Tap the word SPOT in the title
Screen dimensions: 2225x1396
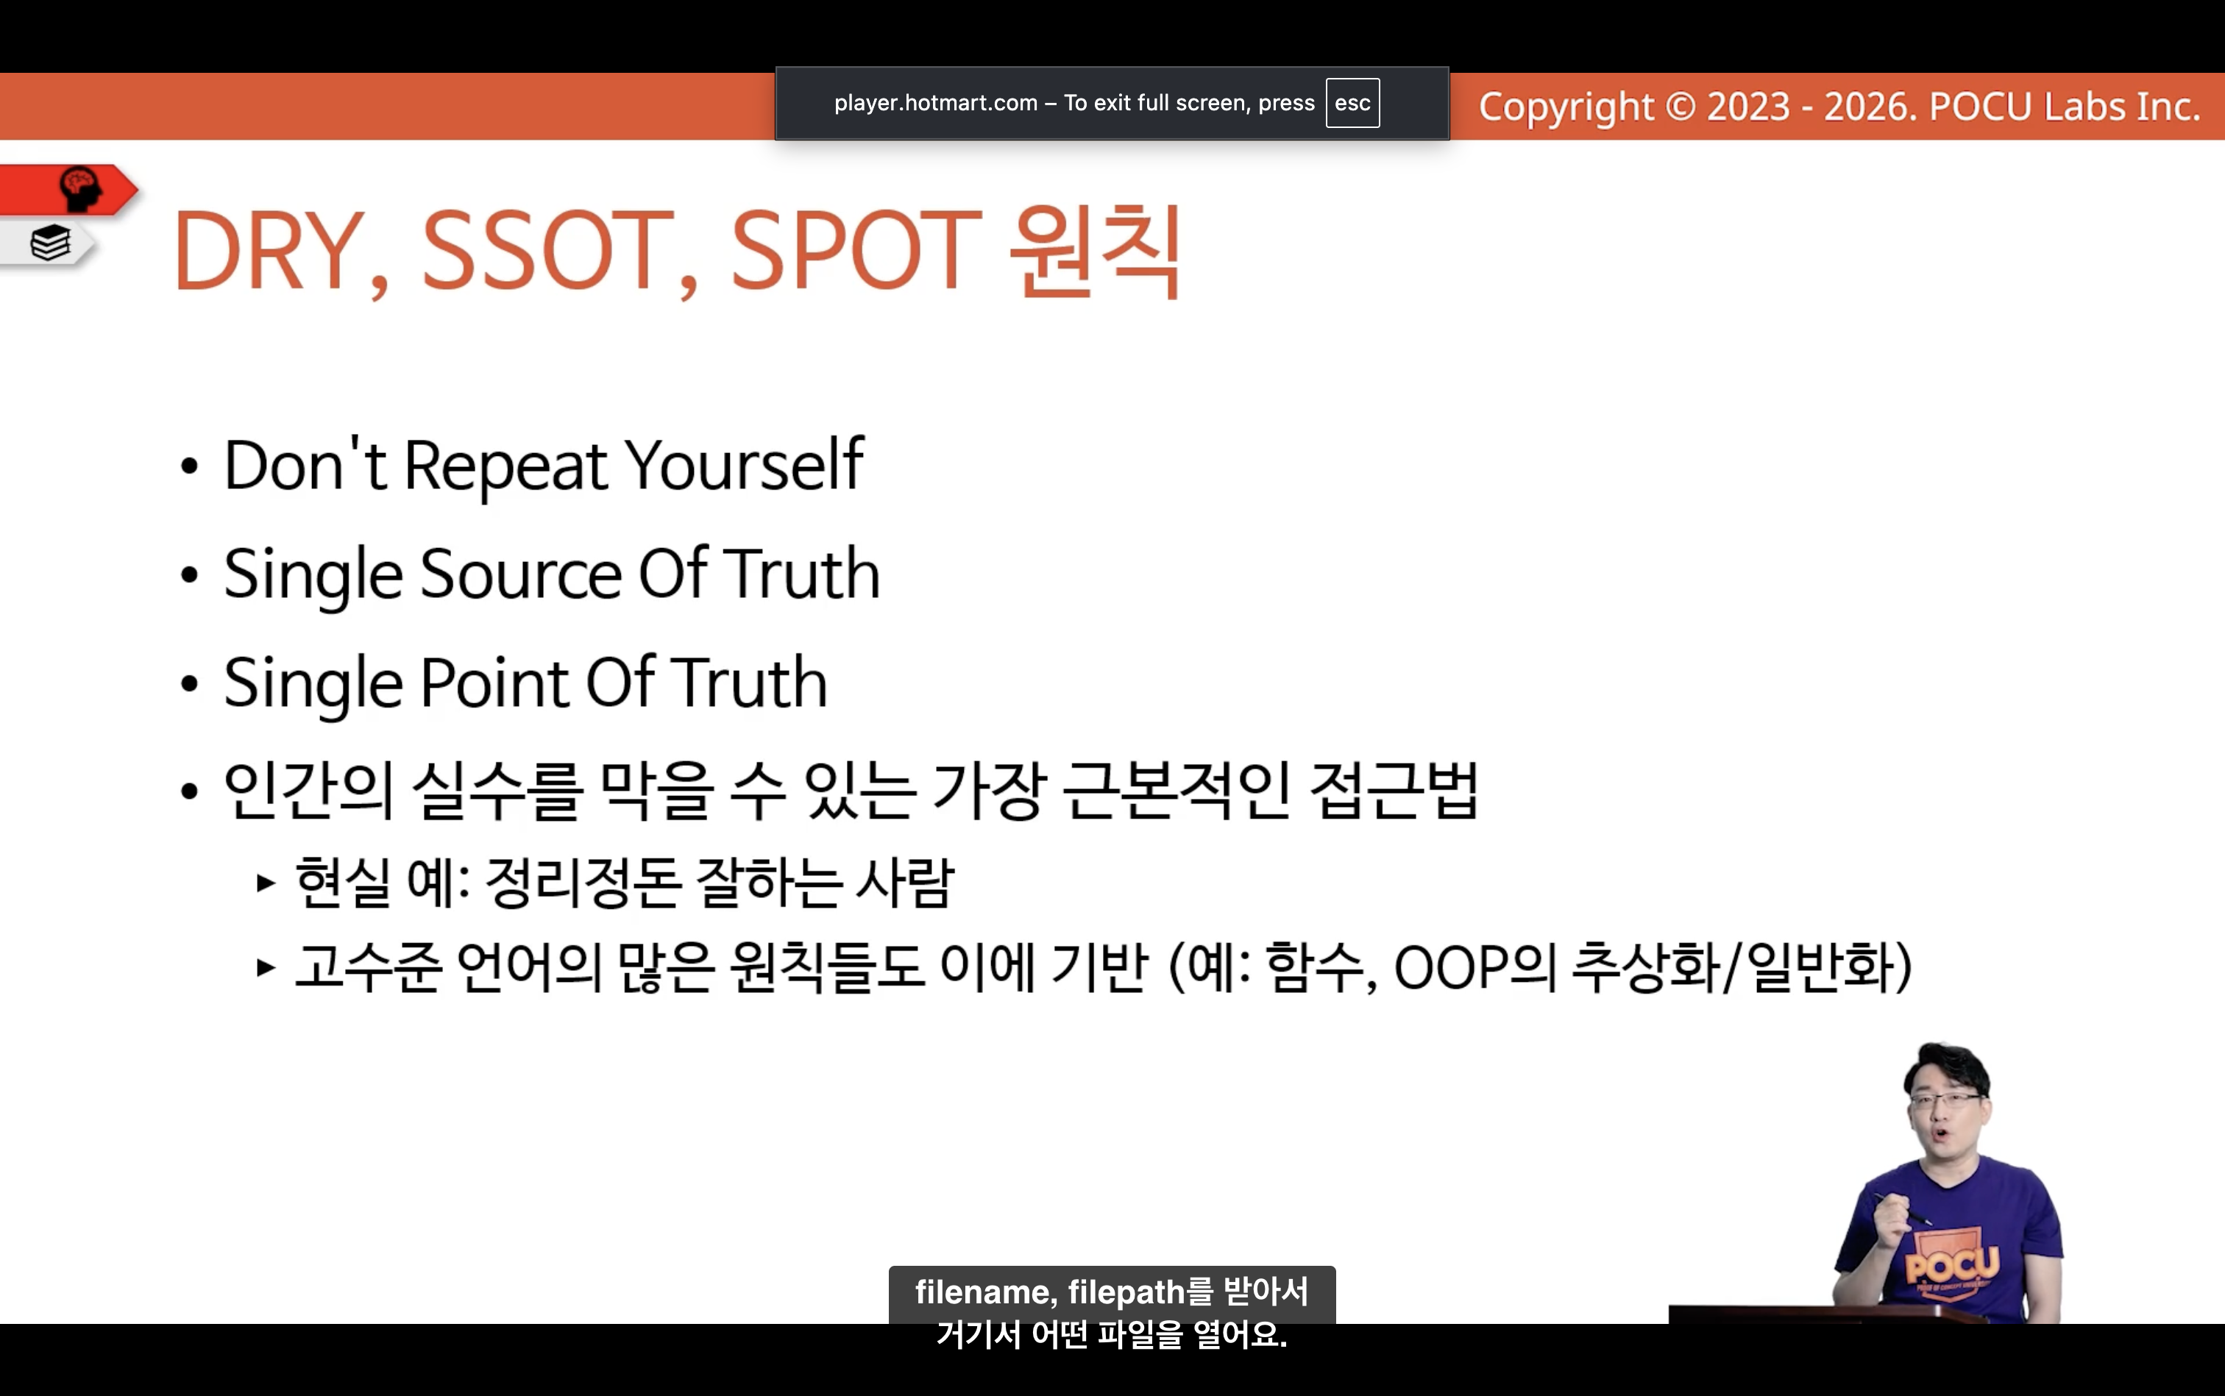pos(855,249)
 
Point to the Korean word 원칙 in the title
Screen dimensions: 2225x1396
pos(1095,250)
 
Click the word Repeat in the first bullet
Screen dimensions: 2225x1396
pos(506,466)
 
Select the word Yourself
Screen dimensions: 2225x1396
pos(745,463)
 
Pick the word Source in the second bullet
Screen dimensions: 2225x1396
pos(521,574)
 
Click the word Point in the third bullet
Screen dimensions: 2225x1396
pos(495,683)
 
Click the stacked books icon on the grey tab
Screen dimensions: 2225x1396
pos(51,243)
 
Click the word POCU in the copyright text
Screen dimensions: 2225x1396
pos(1980,107)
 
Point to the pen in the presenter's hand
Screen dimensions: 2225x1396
pos(1902,1208)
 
